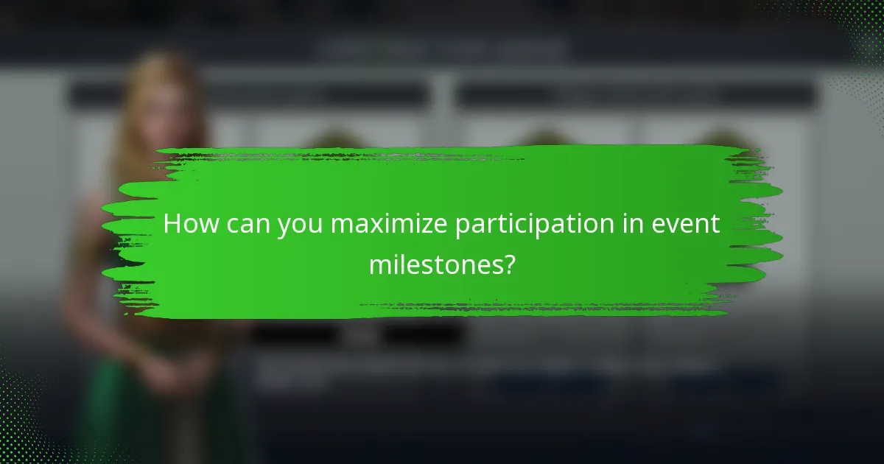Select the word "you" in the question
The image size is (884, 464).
pyautogui.click(x=301, y=225)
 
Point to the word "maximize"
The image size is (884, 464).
pyautogui.click(x=388, y=224)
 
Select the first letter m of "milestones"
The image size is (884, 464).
pyautogui.click(x=380, y=264)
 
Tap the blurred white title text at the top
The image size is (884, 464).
pyautogui.click(x=442, y=50)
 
